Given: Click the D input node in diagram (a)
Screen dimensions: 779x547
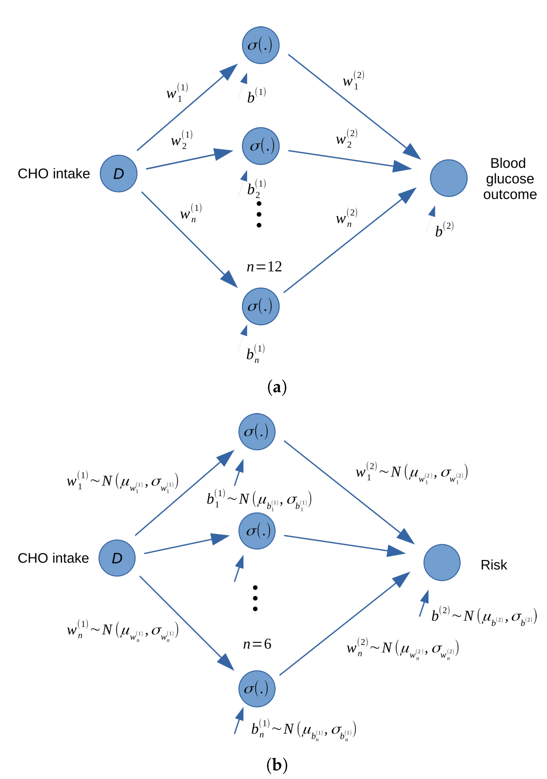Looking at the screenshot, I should [x=119, y=173].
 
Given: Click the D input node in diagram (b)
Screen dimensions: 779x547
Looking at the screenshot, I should [x=117, y=558].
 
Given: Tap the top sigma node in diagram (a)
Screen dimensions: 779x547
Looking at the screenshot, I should [x=260, y=45].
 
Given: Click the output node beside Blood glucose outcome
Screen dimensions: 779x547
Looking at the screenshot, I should [x=449, y=178].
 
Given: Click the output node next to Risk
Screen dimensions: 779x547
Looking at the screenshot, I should [x=442, y=563].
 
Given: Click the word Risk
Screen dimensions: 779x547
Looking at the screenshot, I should [x=494, y=565].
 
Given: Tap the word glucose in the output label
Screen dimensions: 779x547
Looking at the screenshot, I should [x=510, y=179].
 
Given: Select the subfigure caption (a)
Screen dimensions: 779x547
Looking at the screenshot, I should [x=277, y=387].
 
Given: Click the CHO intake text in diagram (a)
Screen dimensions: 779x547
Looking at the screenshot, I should [x=54, y=173].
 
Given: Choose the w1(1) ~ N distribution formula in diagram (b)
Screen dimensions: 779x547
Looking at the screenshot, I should [x=122, y=481].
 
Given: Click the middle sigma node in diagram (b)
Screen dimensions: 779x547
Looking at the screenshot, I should [x=257, y=531].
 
